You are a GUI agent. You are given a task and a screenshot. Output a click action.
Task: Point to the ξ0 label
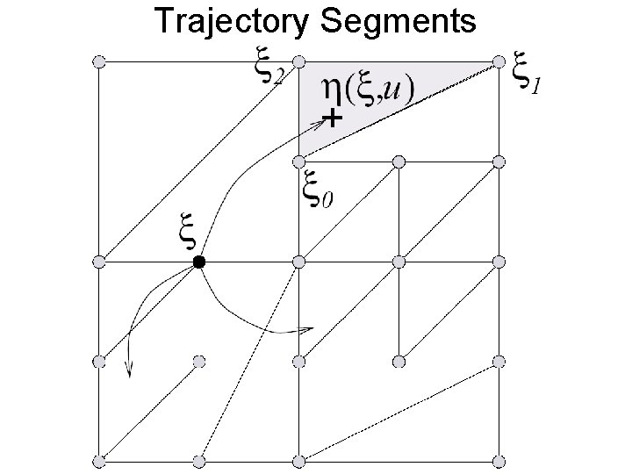[x=316, y=190]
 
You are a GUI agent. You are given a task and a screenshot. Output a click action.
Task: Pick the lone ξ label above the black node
[x=187, y=232]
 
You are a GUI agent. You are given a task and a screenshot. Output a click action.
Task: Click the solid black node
[x=199, y=262]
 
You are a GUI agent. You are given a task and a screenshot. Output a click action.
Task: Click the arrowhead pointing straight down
[x=129, y=370]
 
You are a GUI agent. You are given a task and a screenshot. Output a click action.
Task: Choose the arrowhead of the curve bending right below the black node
[x=307, y=330]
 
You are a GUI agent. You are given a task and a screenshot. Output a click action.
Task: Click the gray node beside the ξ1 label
[x=499, y=61]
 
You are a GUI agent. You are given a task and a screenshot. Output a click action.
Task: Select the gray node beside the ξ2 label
[x=298, y=61]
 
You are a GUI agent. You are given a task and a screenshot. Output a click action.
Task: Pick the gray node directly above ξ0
[x=298, y=161]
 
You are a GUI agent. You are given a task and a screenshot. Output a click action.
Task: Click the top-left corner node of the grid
[x=99, y=61]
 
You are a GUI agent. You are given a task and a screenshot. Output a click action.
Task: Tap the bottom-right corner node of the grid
[x=499, y=461]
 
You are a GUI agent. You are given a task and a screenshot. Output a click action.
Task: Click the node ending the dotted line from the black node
[x=199, y=461]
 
